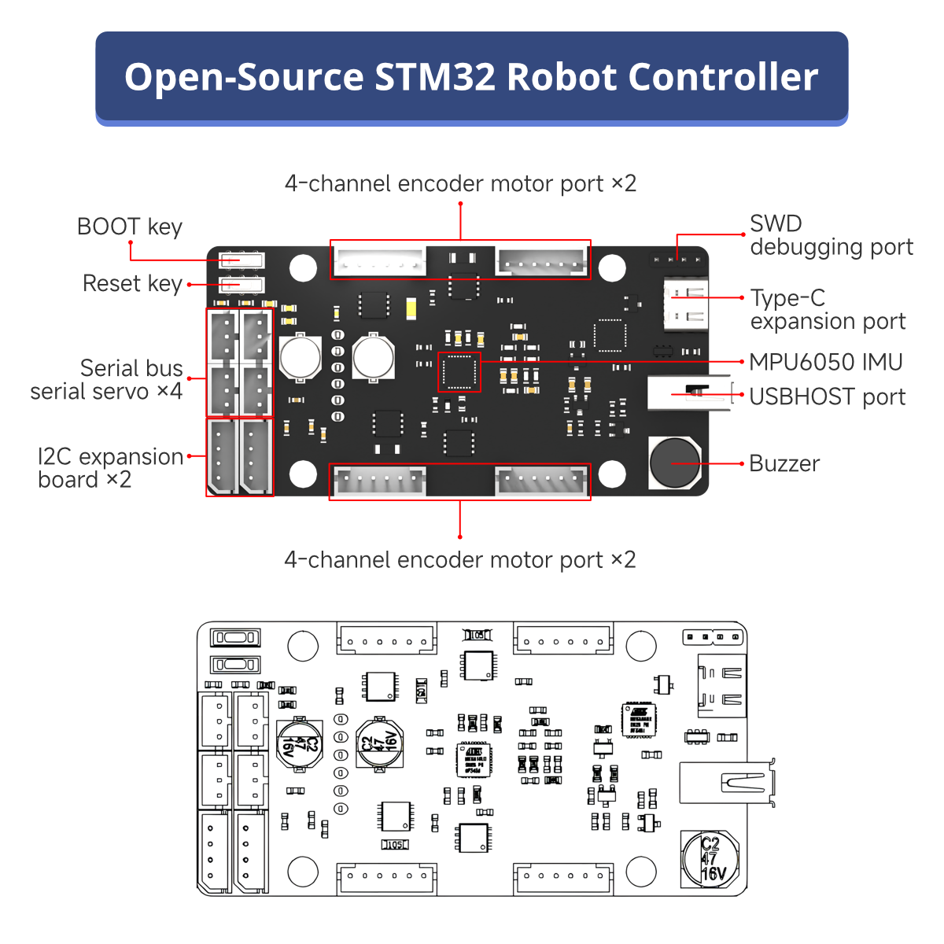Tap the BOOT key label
click(x=130, y=227)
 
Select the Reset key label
click(x=132, y=283)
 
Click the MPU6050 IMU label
click(x=825, y=362)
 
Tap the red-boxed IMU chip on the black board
click(x=459, y=372)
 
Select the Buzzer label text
click(x=784, y=463)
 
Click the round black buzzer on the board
click(x=674, y=463)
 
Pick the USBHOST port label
click(x=827, y=397)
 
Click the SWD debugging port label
click(x=831, y=235)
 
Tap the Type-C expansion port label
click(x=828, y=310)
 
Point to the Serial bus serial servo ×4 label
click(x=107, y=379)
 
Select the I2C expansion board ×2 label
click(x=110, y=468)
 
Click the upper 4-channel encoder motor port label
click(x=460, y=183)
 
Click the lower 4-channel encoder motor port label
click(x=460, y=559)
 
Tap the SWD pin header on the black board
click(x=677, y=259)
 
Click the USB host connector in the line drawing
click(x=728, y=783)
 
